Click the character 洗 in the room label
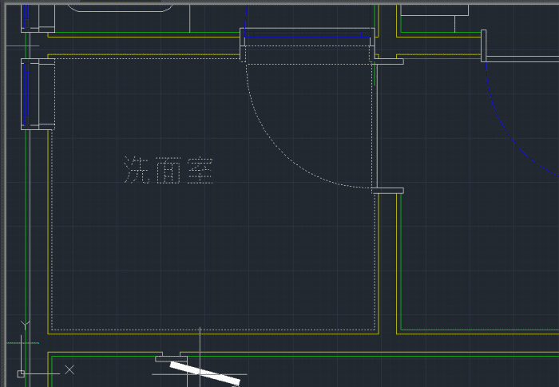click(137, 170)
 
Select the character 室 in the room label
click(200, 170)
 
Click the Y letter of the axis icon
click(25, 326)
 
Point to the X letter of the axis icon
click(69, 369)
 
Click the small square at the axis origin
click(21, 373)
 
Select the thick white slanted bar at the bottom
click(205, 373)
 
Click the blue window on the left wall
click(26, 94)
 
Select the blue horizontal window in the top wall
click(307, 34)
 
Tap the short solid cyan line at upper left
click(22, 46)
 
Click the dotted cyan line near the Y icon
click(22, 343)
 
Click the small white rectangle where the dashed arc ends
click(387, 191)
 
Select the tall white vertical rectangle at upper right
click(484, 46)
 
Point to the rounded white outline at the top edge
click(120, 10)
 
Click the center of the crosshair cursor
click(200, 374)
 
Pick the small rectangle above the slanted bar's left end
click(171, 359)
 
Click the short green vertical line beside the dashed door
click(375, 73)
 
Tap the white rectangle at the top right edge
click(434, 10)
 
